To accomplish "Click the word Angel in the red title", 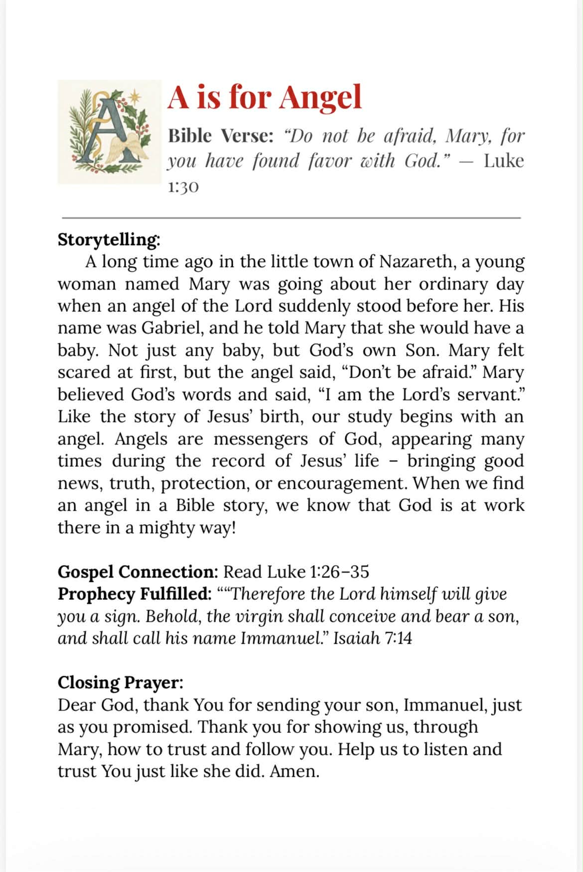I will pos(320,98).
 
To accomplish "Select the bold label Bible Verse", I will pos(221,136).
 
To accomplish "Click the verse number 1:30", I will pos(183,187).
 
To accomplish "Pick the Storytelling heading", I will pos(109,239).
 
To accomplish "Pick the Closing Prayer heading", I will pos(120,682).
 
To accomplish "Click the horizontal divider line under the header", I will pos(291,218).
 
